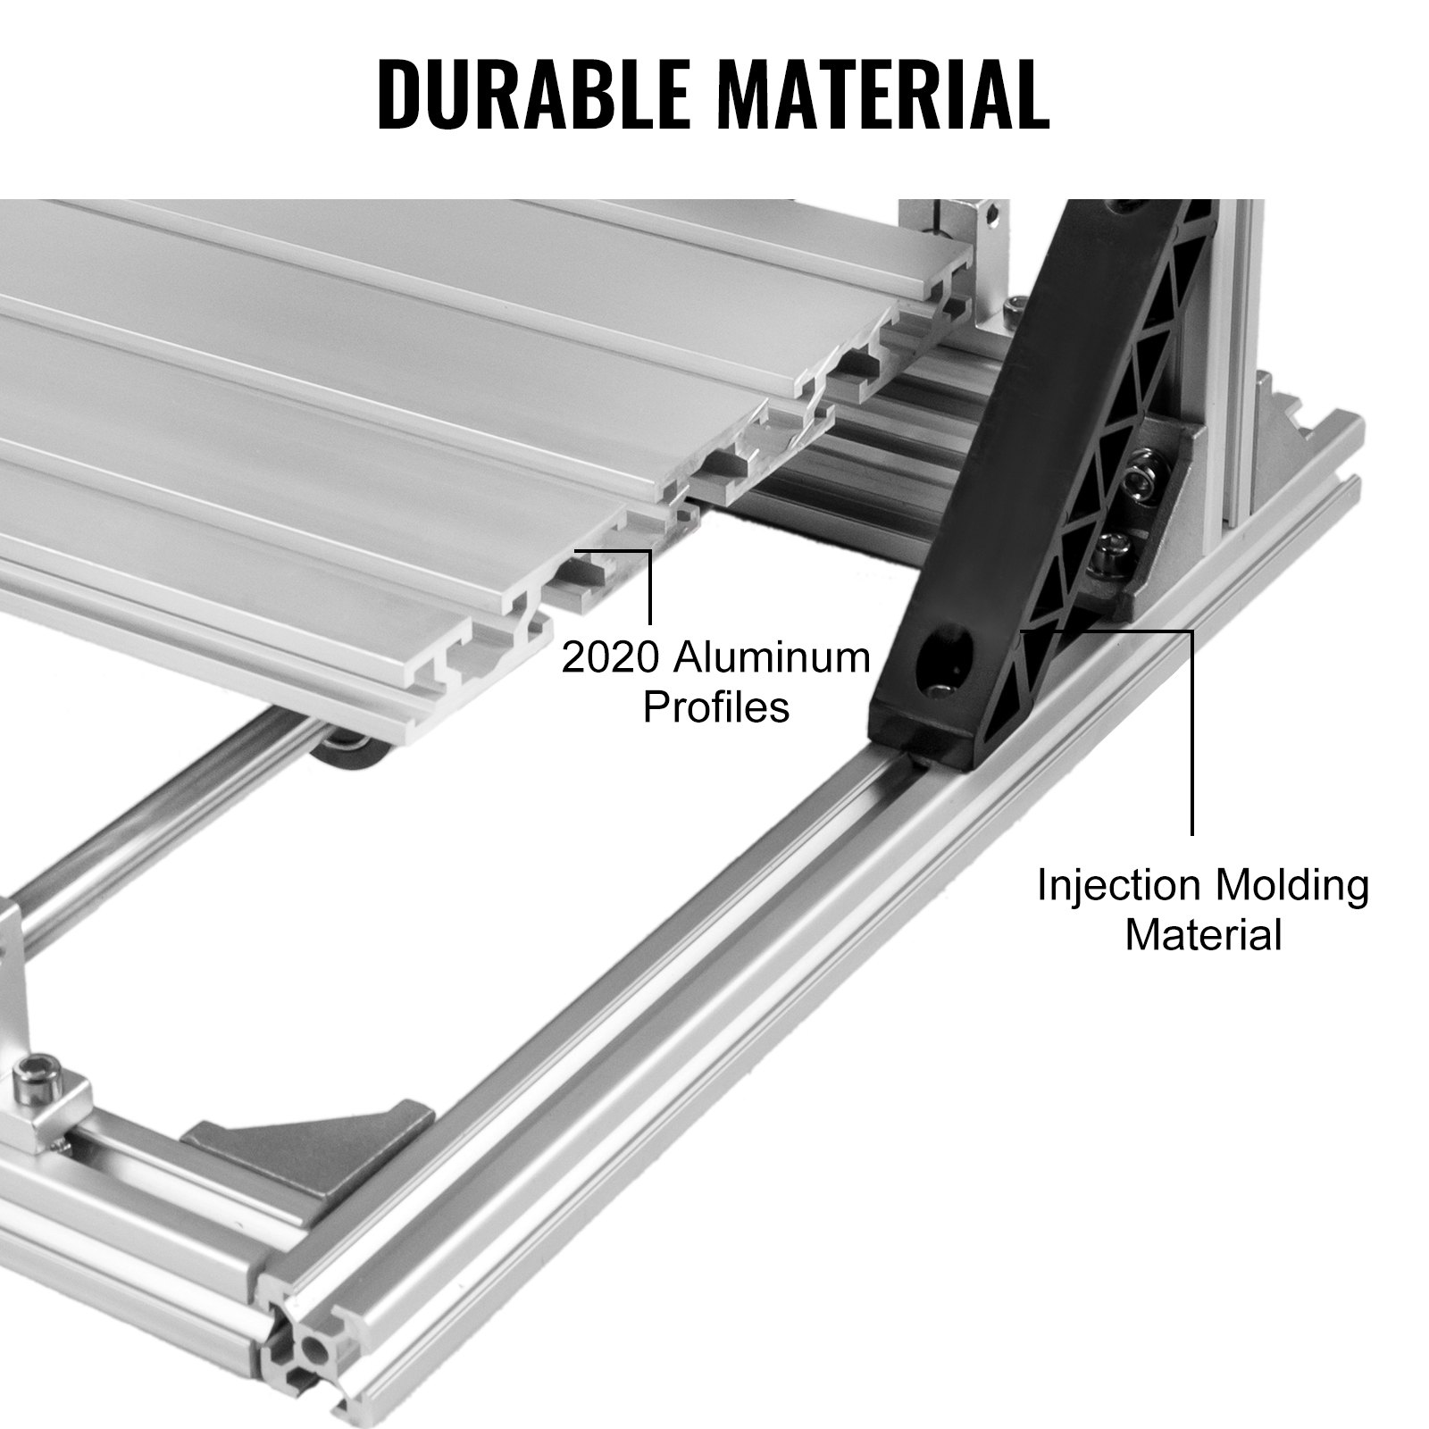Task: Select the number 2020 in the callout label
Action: click(610, 659)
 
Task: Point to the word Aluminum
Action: click(771, 659)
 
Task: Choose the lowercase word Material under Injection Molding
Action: click(1203, 936)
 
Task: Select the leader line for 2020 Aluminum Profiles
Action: click(649, 585)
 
